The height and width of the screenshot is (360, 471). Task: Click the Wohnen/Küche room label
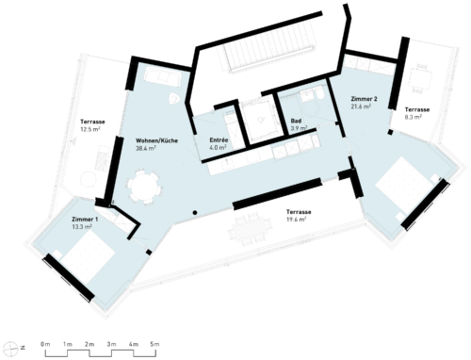tap(156, 140)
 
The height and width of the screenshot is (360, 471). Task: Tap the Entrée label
tap(219, 139)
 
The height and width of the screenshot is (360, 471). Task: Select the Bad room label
tap(296, 121)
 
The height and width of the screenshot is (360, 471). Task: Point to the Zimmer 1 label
tap(83, 220)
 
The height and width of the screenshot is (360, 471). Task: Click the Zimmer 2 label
tap(364, 99)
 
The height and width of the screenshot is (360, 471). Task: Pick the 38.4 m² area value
tap(146, 148)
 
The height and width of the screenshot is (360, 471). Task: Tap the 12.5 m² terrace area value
tap(90, 129)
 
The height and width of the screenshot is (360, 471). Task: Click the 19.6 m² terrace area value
tap(296, 220)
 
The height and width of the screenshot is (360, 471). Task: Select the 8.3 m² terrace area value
tap(413, 117)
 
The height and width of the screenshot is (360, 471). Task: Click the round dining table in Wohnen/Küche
tap(145, 188)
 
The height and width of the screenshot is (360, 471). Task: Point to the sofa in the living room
tap(162, 76)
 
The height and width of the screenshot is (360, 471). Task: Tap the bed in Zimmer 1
tap(89, 257)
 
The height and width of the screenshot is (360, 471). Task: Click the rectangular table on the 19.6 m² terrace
tap(250, 229)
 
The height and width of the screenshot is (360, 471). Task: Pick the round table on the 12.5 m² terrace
tap(88, 180)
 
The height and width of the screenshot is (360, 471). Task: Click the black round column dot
tap(195, 213)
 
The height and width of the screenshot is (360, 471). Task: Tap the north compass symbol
tap(13, 347)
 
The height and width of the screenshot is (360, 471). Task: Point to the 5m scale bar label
tap(154, 344)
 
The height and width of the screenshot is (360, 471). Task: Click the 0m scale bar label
tap(45, 344)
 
